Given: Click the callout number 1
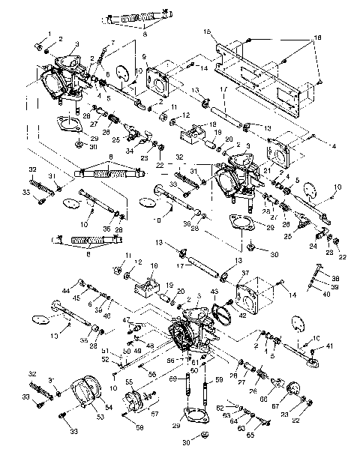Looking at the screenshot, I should (x=50, y=34).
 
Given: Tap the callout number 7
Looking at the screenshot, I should (x=113, y=43).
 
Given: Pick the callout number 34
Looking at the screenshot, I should (x=130, y=151).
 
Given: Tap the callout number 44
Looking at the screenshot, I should (x=67, y=290).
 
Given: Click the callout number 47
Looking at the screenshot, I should (x=128, y=320).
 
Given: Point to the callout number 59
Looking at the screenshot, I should (x=219, y=379).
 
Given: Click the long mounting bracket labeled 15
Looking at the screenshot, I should (x=262, y=71).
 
